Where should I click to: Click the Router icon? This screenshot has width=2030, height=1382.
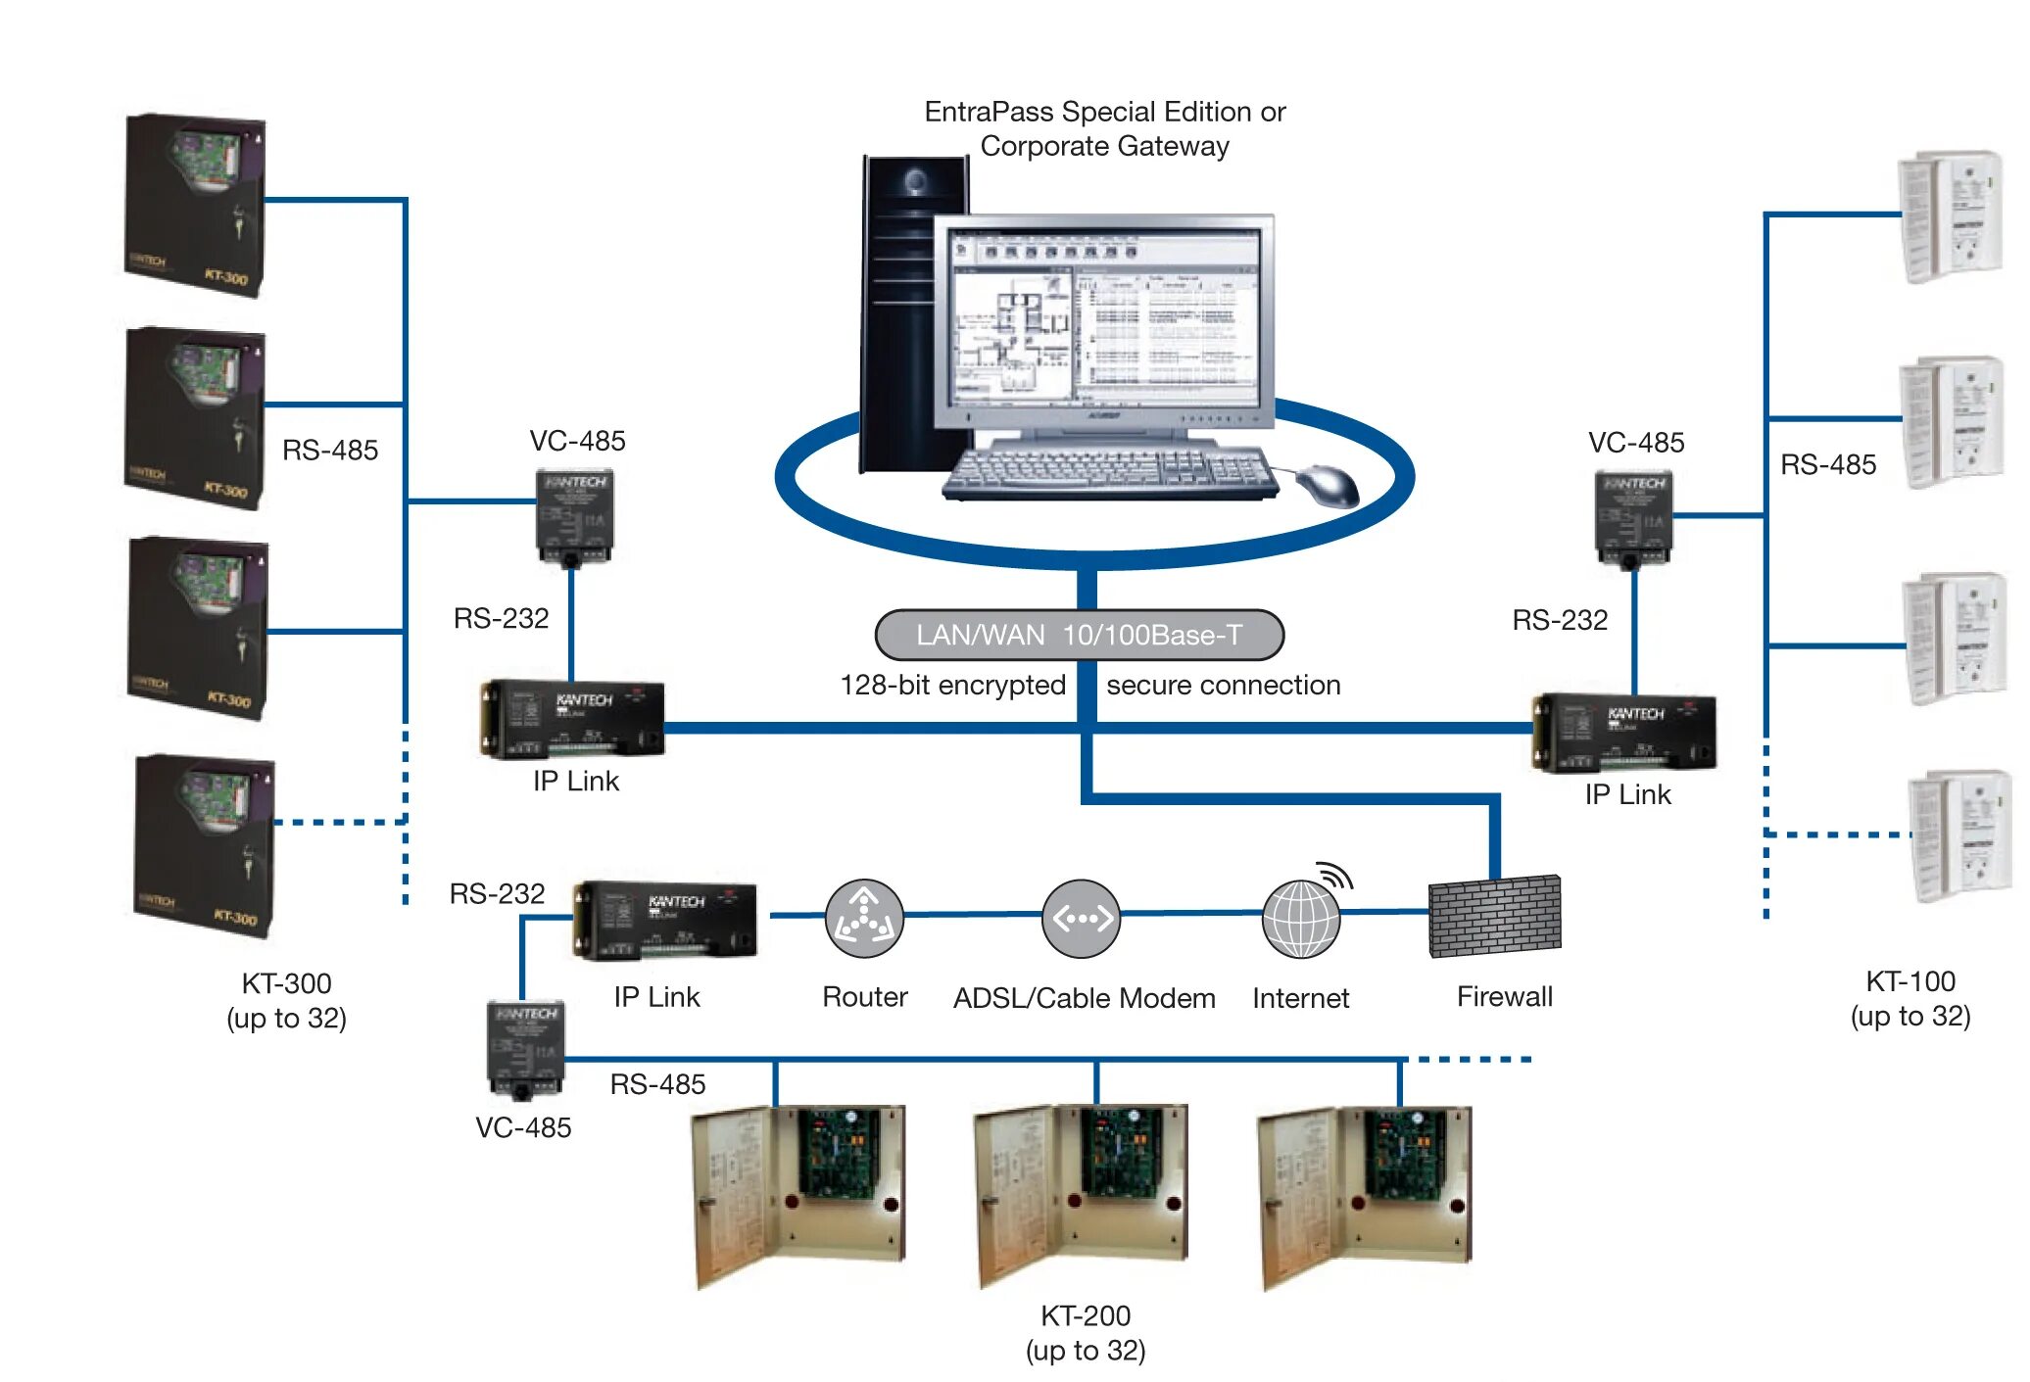(863, 919)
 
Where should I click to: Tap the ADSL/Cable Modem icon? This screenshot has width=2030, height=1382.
(1081, 919)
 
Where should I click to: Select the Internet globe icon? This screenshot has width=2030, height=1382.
(1300, 919)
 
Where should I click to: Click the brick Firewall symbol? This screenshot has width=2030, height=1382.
(1494, 917)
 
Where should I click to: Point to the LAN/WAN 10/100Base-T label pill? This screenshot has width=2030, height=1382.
(1079, 636)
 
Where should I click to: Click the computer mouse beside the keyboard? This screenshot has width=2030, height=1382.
(1329, 485)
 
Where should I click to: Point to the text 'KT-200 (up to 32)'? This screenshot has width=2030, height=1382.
(1086, 1333)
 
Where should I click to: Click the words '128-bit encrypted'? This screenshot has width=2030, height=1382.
(952, 685)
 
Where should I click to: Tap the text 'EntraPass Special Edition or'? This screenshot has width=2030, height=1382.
(1104, 112)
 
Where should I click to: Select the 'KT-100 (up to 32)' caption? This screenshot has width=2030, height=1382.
(1909, 998)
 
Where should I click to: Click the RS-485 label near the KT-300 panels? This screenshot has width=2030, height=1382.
(330, 451)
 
